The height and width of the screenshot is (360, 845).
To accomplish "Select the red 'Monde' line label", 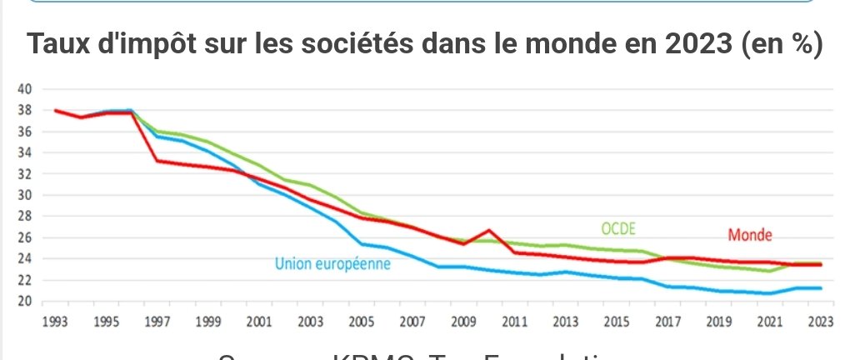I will click(750, 235).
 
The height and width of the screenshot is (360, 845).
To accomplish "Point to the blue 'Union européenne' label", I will click(333, 265).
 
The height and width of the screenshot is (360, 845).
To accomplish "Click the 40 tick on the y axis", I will click(24, 88).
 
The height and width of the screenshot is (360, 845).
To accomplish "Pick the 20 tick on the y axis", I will click(24, 302).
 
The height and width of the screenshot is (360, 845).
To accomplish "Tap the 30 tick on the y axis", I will click(24, 195).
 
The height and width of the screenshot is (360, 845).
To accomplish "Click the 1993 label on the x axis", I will click(56, 321).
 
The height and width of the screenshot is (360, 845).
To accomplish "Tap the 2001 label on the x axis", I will click(259, 321).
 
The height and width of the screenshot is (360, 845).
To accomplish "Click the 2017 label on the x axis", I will click(667, 321).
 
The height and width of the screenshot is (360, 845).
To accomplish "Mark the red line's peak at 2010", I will click(489, 230).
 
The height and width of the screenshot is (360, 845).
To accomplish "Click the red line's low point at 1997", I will click(157, 160).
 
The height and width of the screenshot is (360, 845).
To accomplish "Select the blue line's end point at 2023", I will click(821, 288).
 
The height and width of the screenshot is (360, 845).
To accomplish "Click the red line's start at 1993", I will click(56, 110).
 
